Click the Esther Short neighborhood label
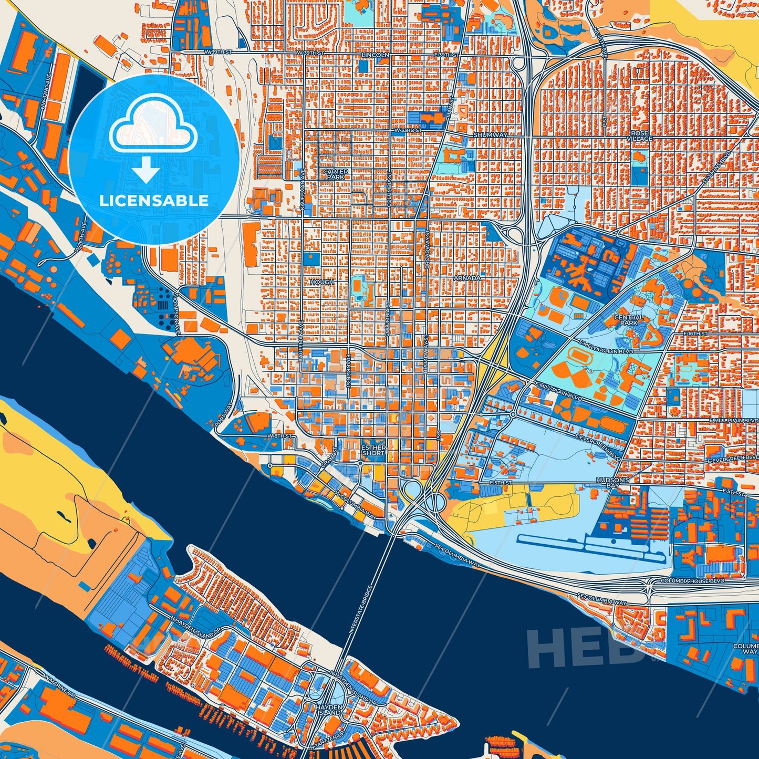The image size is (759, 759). tap(373, 450)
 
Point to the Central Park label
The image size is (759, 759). tap(629, 320)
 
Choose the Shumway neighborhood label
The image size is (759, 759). tap(490, 135)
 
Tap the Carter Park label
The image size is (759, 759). tap(335, 174)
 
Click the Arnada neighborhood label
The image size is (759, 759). tap(467, 278)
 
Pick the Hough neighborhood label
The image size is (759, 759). tap(322, 282)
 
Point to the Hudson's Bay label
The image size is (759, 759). tap(613, 483)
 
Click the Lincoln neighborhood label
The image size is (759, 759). tap(376, 55)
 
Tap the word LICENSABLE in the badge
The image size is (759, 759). tap(154, 200)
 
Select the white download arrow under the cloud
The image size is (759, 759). tap(146, 171)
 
